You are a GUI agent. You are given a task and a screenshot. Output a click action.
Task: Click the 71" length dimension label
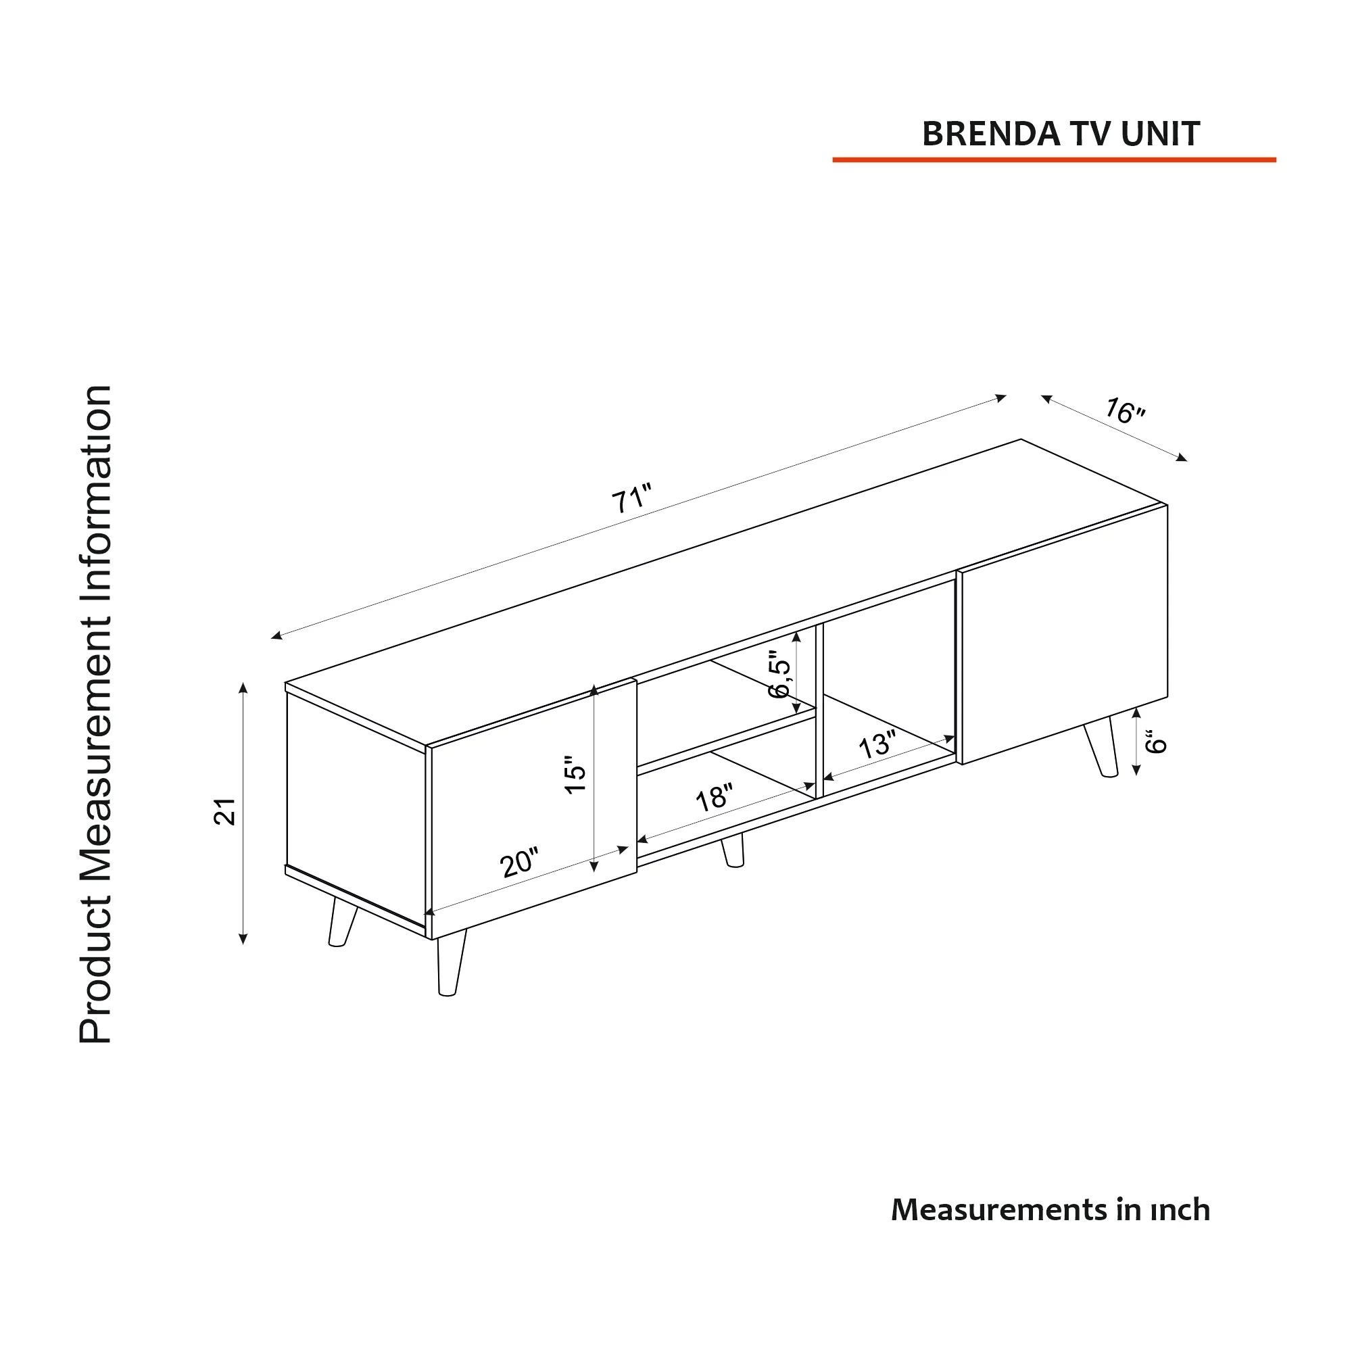click(632, 498)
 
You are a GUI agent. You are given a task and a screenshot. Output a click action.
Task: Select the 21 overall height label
click(225, 812)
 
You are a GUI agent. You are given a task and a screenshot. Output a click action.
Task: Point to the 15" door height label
click(575, 774)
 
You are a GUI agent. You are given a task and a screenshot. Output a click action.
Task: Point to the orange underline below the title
click(1054, 160)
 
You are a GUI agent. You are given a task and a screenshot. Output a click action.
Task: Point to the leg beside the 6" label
click(1101, 746)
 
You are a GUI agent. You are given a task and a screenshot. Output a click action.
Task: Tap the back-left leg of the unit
click(342, 922)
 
